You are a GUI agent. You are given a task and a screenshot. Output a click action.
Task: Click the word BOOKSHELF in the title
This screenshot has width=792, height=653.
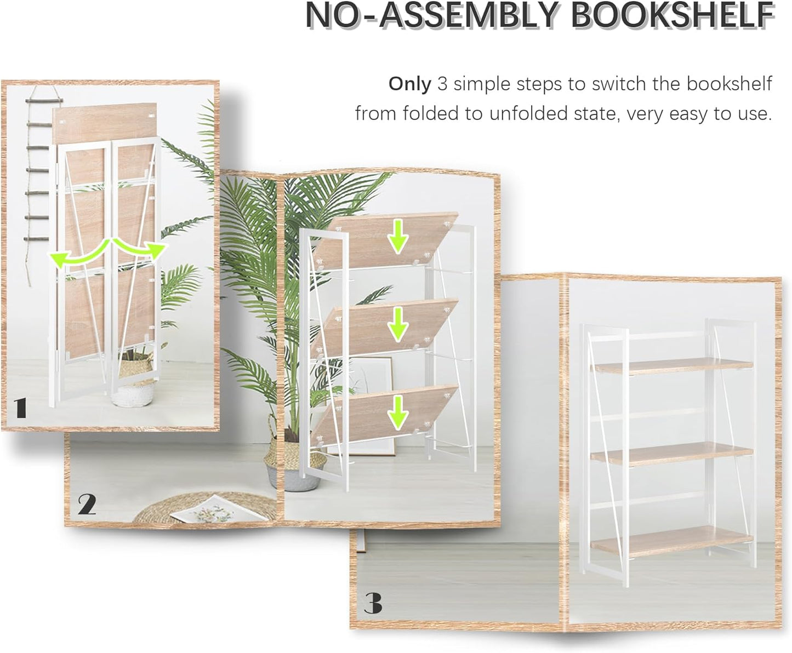pos(673,16)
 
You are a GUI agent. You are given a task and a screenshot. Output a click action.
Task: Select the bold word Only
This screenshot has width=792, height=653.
pos(409,84)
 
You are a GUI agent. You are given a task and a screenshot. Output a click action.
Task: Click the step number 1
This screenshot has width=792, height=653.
pos(20,408)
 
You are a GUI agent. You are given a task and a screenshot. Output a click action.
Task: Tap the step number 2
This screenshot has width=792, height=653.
pos(87,505)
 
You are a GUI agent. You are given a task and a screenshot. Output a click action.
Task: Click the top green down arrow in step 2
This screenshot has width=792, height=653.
pos(398,239)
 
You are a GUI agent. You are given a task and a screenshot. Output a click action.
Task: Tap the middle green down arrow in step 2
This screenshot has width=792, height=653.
pos(398,327)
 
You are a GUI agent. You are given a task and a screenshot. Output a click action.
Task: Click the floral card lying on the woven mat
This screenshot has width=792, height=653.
pos(206,509)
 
